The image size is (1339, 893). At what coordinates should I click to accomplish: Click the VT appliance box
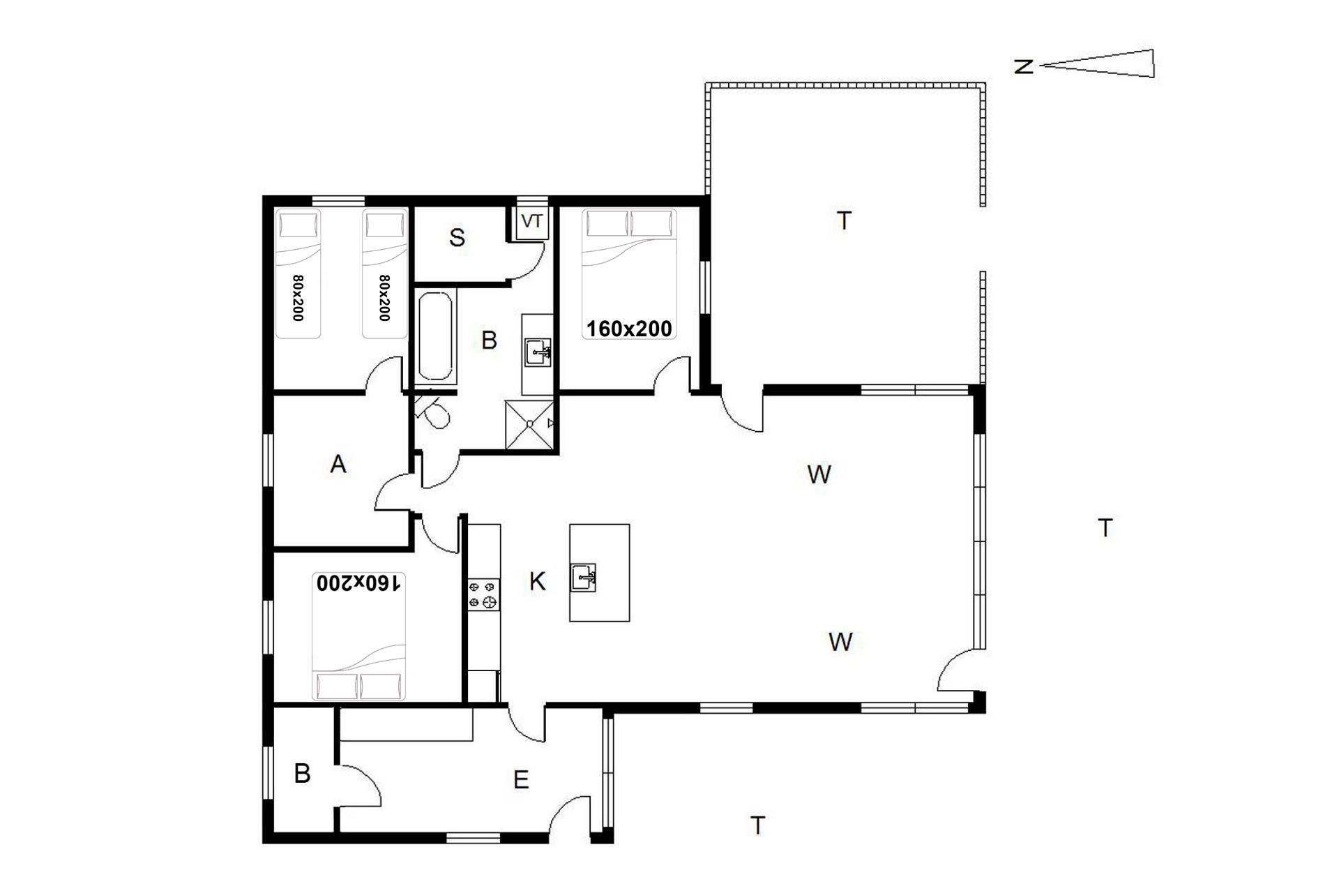point(532,222)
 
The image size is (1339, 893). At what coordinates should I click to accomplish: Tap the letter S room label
point(457,238)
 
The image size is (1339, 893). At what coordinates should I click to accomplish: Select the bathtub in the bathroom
point(437,336)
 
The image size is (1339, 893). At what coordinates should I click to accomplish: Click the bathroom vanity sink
point(538,353)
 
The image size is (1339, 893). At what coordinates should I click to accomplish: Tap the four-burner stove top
point(484,594)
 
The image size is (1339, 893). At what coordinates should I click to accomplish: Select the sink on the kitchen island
point(584,578)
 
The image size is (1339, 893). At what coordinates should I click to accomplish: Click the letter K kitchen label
point(537,581)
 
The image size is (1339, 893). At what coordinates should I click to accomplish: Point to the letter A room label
point(338,464)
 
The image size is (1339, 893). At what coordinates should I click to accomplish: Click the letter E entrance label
point(521,780)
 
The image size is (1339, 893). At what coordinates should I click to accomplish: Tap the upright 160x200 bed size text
point(629,329)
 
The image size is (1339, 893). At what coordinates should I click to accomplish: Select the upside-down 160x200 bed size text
point(360,583)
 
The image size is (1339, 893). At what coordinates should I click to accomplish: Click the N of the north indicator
point(1023,67)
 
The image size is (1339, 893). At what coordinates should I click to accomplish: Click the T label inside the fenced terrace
point(844,220)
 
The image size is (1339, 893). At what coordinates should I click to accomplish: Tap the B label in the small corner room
point(302,773)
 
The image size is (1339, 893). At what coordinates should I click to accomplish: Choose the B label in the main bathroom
point(490,340)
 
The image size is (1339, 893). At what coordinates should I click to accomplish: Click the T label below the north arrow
point(1105,528)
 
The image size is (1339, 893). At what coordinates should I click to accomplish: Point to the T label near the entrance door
point(757,825)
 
